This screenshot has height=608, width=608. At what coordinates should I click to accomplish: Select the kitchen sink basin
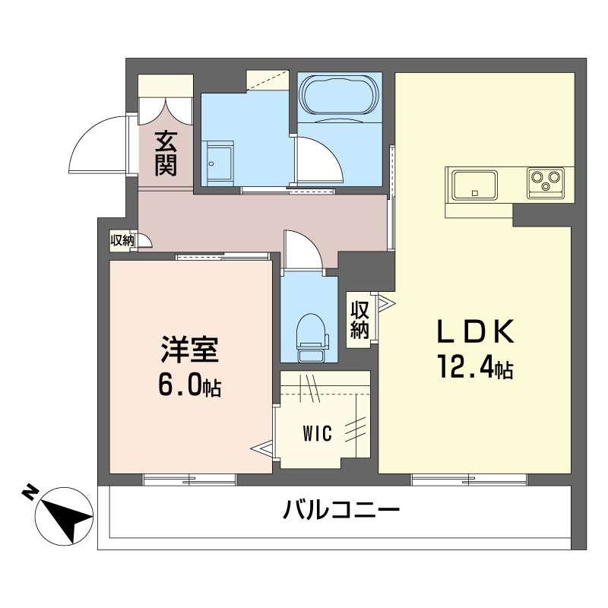coord(474,185)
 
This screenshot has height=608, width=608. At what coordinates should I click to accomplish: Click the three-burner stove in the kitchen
coord(545,183)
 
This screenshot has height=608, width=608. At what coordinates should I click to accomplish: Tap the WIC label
coord(317,435)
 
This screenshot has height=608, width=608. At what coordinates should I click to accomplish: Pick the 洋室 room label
coord(189,351)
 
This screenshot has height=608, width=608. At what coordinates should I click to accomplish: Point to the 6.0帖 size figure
coord(189,386)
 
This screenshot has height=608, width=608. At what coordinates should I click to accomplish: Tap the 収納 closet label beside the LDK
coord(360,319)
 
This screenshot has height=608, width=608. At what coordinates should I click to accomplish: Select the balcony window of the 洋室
coord(189,479)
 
